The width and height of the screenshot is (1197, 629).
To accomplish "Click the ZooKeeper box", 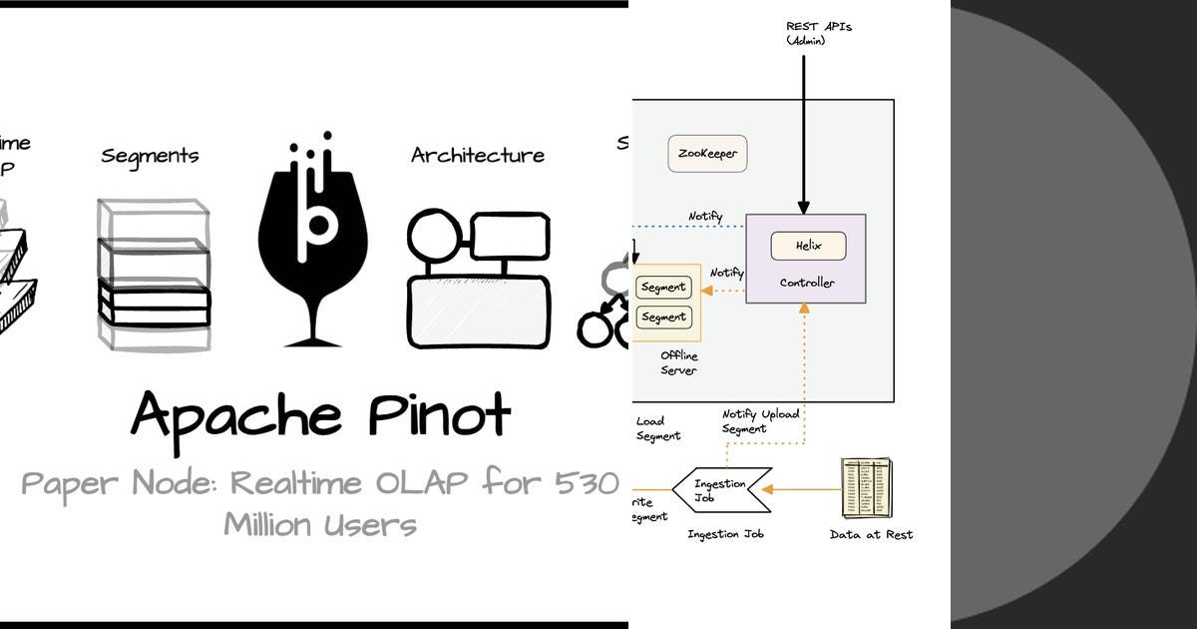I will tap(708, 155).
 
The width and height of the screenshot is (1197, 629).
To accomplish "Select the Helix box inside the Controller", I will tap(808, 246).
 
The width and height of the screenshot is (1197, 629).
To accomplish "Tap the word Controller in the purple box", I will tap(807, 283).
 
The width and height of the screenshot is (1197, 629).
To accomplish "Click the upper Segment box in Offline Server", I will tap(663, 288).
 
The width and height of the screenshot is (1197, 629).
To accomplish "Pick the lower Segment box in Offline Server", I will tap(663, 317).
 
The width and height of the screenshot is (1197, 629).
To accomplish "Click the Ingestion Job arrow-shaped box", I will tap(720, 489).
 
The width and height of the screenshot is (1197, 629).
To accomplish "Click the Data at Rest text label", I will tap(871, 534).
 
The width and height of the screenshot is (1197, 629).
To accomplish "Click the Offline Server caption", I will tap(678, 362).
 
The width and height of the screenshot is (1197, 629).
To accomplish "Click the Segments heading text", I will tap(150, 156).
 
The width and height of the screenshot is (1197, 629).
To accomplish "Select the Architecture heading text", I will tap(478, 156).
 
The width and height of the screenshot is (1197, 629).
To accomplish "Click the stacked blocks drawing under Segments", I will tap(155, 275).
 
